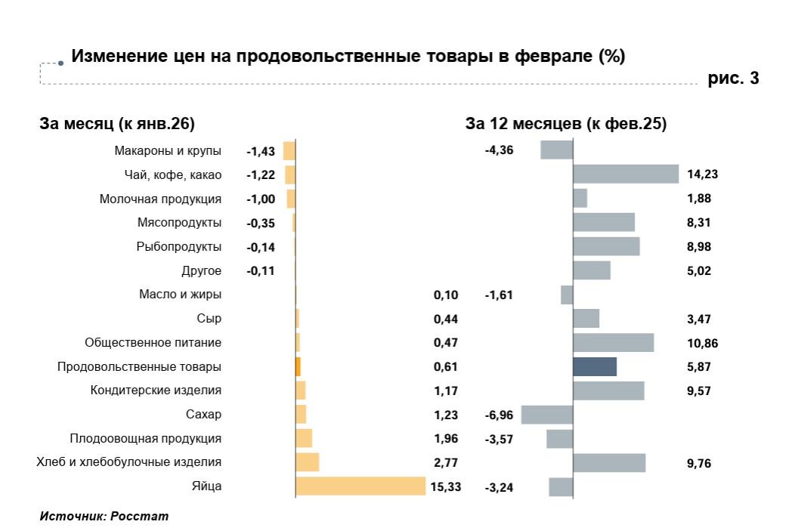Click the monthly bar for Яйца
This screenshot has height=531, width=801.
pyautogui.click(x=360, y=486)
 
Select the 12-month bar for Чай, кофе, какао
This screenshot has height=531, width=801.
pyautogui.click(x=626, y=174)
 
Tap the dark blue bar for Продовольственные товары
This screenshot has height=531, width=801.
pyautogui.click(x=595, y=366)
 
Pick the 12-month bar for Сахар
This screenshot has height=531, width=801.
pyautogui.click(x=547, y=415)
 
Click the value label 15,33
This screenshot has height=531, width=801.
pyautogui.click(x=445, y=487)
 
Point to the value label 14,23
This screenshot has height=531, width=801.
pyautogui.click(x=702, y=174)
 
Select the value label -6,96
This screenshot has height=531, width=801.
pyautogui.click(x=499, y=415)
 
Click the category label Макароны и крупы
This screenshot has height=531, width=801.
pyautogui.click(x=168, y=151)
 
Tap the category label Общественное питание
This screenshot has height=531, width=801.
pyautogui.click(x=153, y=343)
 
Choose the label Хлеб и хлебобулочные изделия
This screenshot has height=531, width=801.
pyautogui.click(x=129, y=462)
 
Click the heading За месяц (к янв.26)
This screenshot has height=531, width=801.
pyautogui.click(x=117, y=124)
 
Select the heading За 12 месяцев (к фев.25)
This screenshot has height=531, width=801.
pyautogui.click(x=566, y=124)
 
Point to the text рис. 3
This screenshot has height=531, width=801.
pyautogui.click(x=733, y=79)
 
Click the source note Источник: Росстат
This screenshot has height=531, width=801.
pyautogui.click(x=104, y=517)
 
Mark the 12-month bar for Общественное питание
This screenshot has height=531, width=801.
pyautogui.click(x=613, y=343)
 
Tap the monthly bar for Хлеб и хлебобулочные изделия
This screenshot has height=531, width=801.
pyautogui.click(x=308, y=462)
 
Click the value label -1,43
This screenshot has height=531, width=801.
pyautogui.click(x=261, y=151)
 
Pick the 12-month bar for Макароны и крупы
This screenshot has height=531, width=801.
pyautogui.click(x=557, y=150)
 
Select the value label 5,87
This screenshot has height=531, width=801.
pyautogui.click(x=699, y=367)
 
